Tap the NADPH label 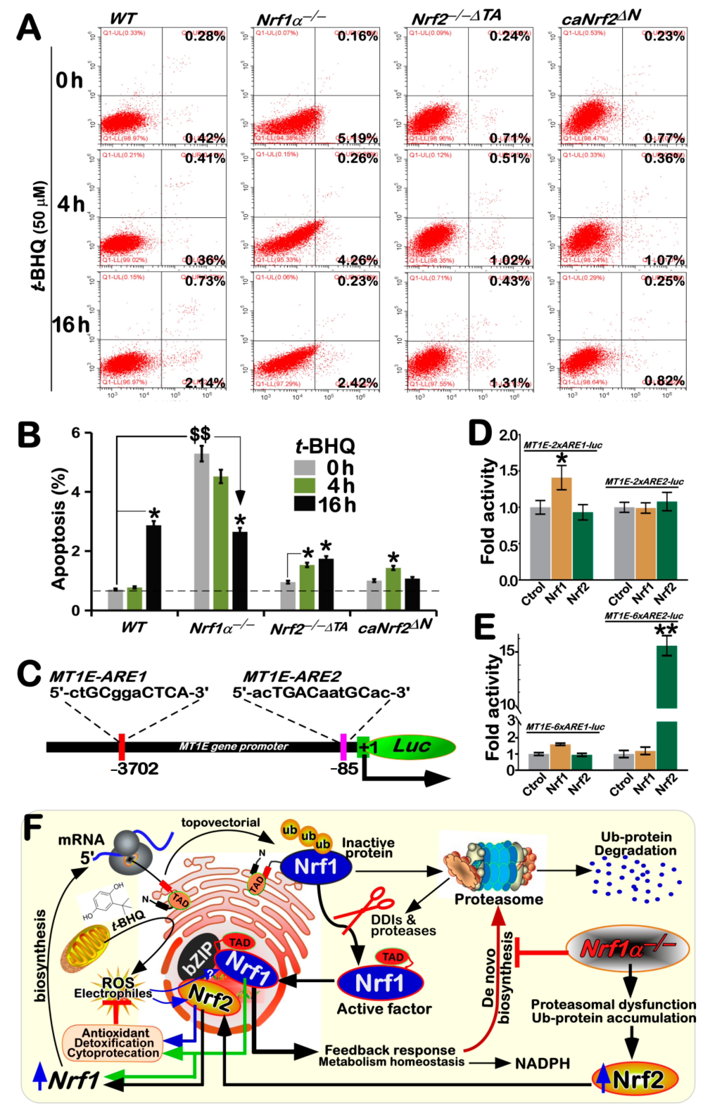[542, 1064]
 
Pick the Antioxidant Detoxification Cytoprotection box [113, 1043]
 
